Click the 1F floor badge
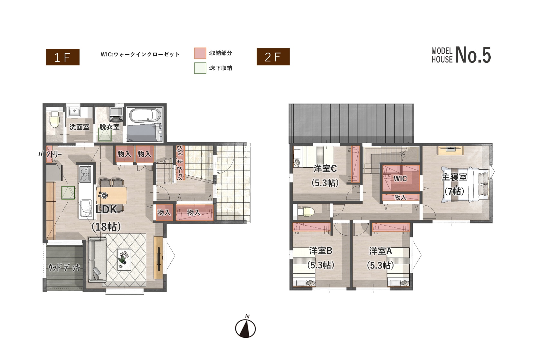click(63, 57)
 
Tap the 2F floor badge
click(273, 57)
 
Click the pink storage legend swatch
click(200, 53)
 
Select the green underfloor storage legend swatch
click(200, 68)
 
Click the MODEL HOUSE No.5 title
click(461, 55)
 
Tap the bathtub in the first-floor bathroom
click(145, 116)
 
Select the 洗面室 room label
click(79, 127)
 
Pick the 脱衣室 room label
click(109, 127)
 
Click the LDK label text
click(106, 209)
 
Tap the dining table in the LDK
click(112, 195)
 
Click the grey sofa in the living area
click(97, 260)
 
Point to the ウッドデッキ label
click(64, 268)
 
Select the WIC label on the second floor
click(400, 179)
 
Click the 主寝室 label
click(454, 177)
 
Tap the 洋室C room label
click(325, 169)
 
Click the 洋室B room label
click(321, 251)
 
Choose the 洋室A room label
click(380, 251)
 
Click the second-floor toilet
click(306, 212)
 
